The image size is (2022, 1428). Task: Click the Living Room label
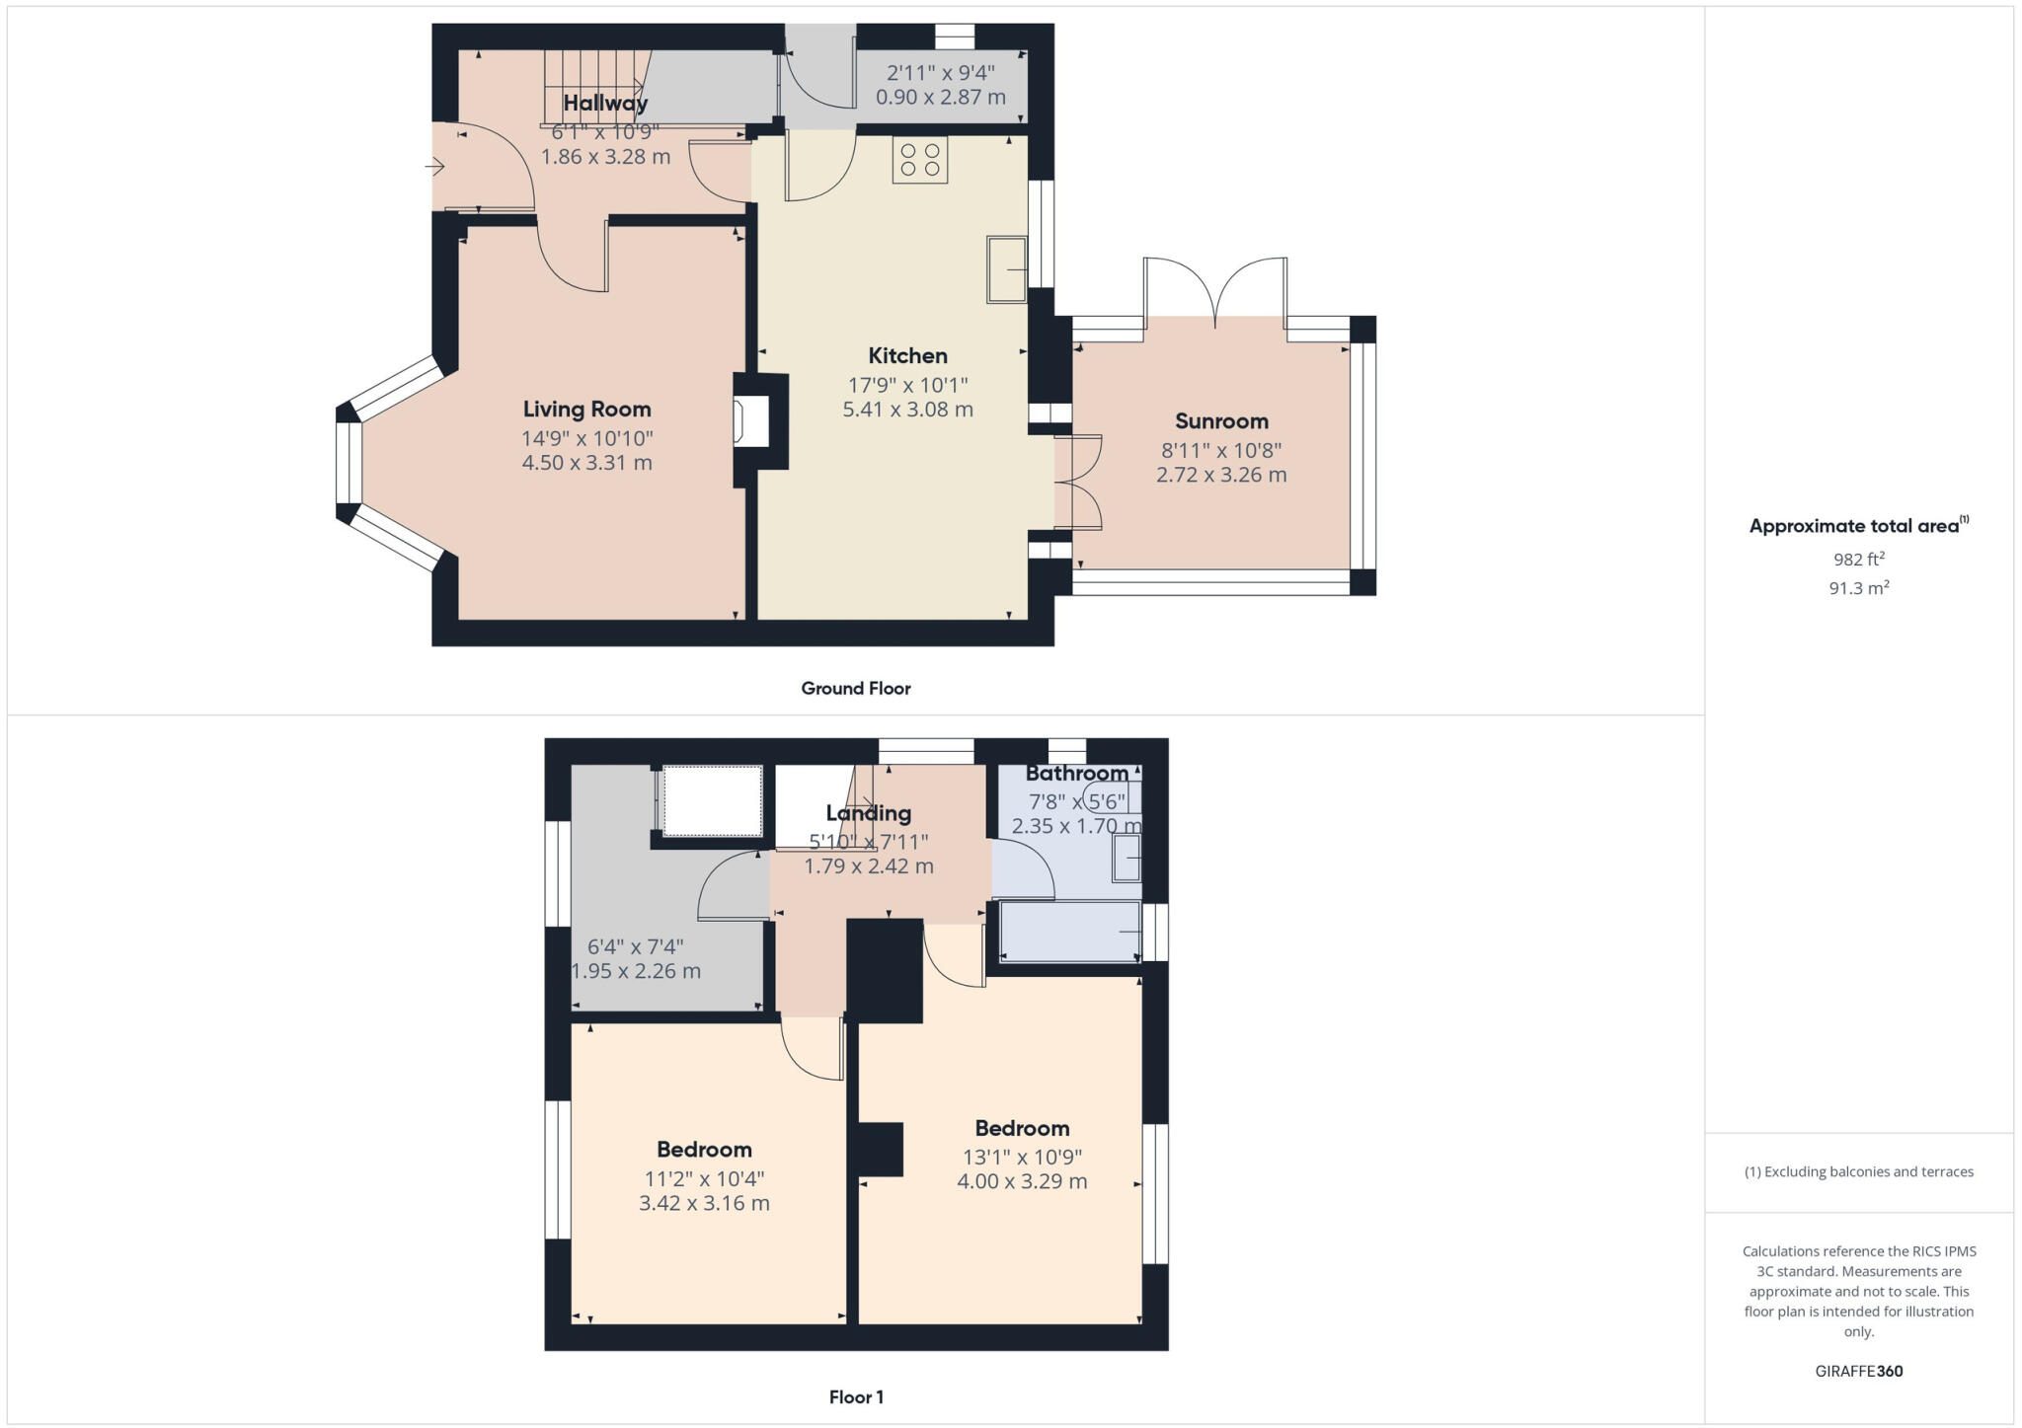[586, 409]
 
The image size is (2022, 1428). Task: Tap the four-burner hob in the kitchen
[919, 160]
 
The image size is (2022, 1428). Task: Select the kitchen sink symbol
[1006, 268]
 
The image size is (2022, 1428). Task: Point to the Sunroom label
[1221, 420]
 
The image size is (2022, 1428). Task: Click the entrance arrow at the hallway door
[434, 168]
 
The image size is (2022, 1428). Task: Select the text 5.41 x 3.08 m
[907, 409]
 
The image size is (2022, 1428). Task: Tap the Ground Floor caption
[855, 688]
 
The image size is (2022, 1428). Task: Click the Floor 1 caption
[855, 1396]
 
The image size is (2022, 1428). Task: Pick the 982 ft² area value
[1858, 559]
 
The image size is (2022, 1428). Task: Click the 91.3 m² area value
[1858, 588]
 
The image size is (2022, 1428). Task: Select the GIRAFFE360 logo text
[1858, 1371]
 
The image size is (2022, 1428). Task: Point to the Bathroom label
[1076, 773]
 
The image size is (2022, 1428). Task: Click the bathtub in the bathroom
[1071, 931]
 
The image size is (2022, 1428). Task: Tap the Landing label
[868, 812]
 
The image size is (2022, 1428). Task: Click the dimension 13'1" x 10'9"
[1022, 1157]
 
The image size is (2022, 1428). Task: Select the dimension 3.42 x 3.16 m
[704, 1202]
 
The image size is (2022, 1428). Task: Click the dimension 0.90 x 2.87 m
[940, 97]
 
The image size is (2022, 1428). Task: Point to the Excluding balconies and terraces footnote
[1858, 1171]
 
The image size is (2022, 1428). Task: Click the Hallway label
[605, 103]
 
